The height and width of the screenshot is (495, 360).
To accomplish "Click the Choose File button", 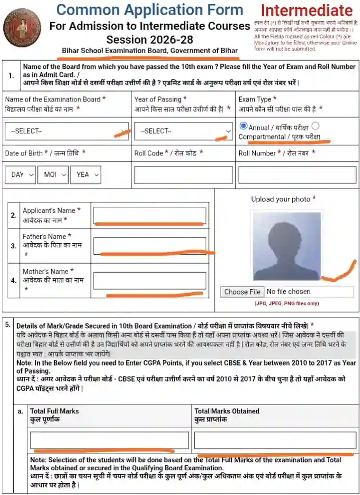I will [242, 292].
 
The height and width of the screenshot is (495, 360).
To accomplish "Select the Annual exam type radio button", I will [243, 126].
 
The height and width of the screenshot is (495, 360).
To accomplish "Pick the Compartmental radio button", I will [315, 126].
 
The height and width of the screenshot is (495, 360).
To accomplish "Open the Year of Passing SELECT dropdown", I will [183, 131].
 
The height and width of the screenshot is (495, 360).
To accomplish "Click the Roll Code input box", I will [183, 174].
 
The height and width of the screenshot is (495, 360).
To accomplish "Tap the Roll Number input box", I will [297, 174].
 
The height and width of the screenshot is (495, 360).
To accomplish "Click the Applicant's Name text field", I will [150, 215].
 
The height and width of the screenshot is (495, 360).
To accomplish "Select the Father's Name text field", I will [150, 246].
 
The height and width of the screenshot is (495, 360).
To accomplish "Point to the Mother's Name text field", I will [150, 280].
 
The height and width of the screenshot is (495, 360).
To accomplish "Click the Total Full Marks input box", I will [109, 440].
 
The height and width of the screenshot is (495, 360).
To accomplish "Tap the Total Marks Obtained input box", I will [275, 440].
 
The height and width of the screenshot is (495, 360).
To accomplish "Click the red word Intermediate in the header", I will [306, 10].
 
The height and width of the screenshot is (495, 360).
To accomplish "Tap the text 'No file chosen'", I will [289, 292].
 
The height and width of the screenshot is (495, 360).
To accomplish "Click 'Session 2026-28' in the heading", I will [150, 39].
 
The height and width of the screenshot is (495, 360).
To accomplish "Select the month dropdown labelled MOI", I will [53, 174].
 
